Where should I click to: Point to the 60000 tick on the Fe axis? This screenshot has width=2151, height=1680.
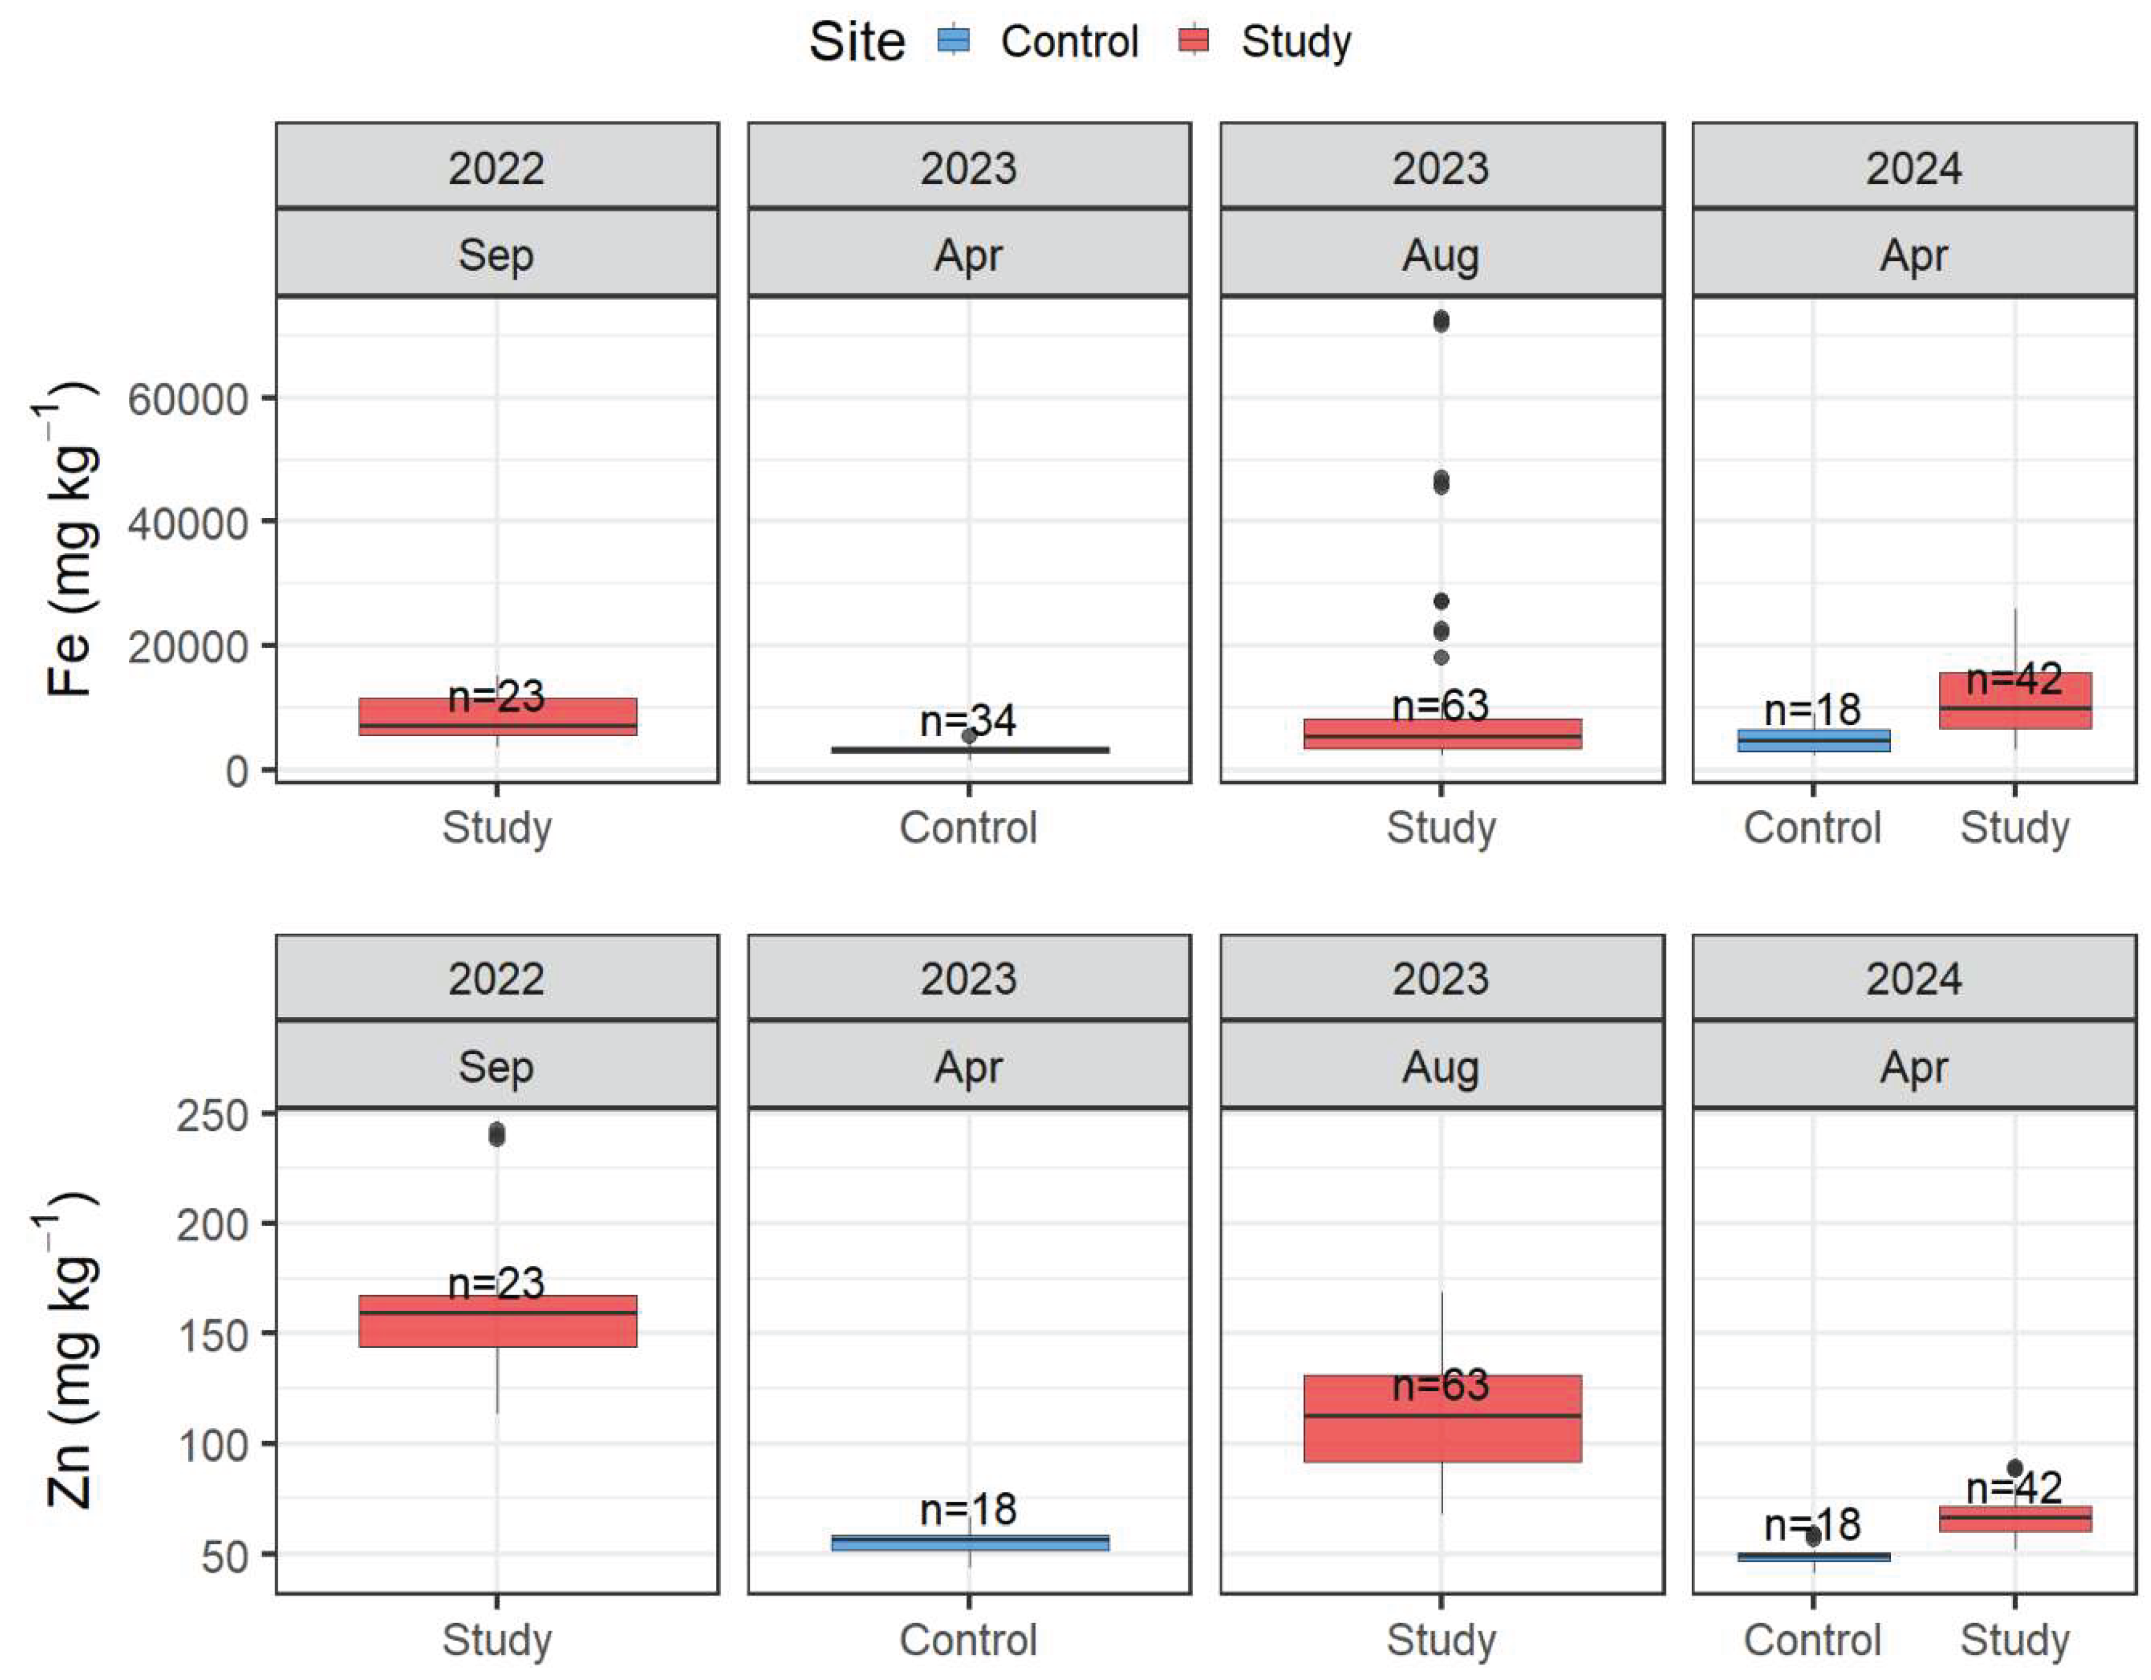coord(187,399)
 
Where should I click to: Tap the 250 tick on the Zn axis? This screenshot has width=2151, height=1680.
coord(212,1116)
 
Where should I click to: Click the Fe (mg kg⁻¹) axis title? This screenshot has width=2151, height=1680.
coord(71,540)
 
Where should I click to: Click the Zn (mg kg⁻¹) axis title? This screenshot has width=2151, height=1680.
coord(71,1350)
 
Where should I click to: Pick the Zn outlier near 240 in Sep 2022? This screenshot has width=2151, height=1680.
coord(496,1135)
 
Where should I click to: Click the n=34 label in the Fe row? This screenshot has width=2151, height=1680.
coord(967,721)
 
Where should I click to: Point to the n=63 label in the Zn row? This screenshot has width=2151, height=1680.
coord(1441,1385)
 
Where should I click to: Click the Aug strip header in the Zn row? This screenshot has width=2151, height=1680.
coord(1441,1066)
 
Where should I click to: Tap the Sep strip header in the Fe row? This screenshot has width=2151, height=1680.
coord(496,254)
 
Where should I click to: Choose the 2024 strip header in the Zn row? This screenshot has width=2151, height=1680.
coord(1913,978)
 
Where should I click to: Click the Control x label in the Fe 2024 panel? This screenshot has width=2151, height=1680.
coord(1812,827)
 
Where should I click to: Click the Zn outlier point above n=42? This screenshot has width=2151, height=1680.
coord(2015,1468)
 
